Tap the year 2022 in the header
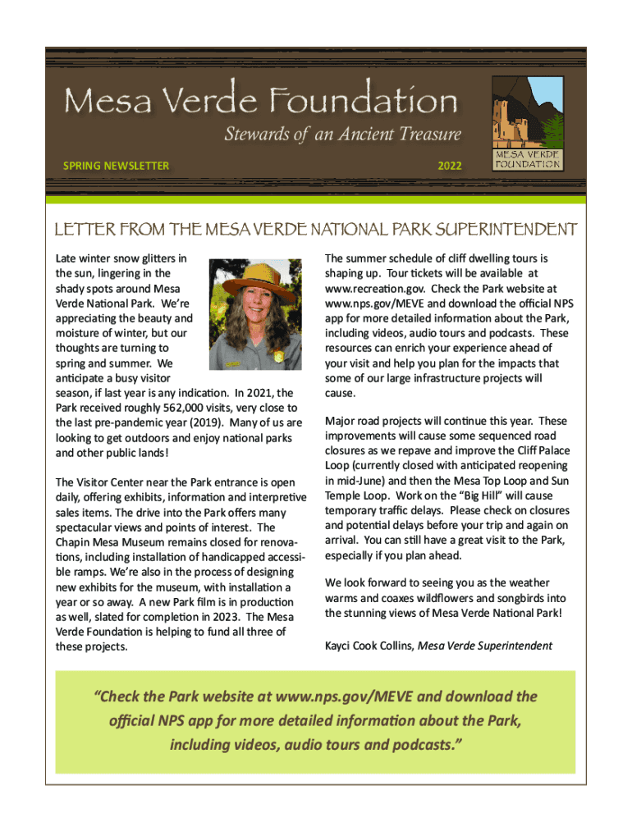click(449, 166)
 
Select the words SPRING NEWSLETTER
click(116, 166)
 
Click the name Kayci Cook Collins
click(369, 646)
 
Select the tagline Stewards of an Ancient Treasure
click(342, 135)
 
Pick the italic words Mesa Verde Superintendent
click(485, 646)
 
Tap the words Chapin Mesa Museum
click(103, 542)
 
